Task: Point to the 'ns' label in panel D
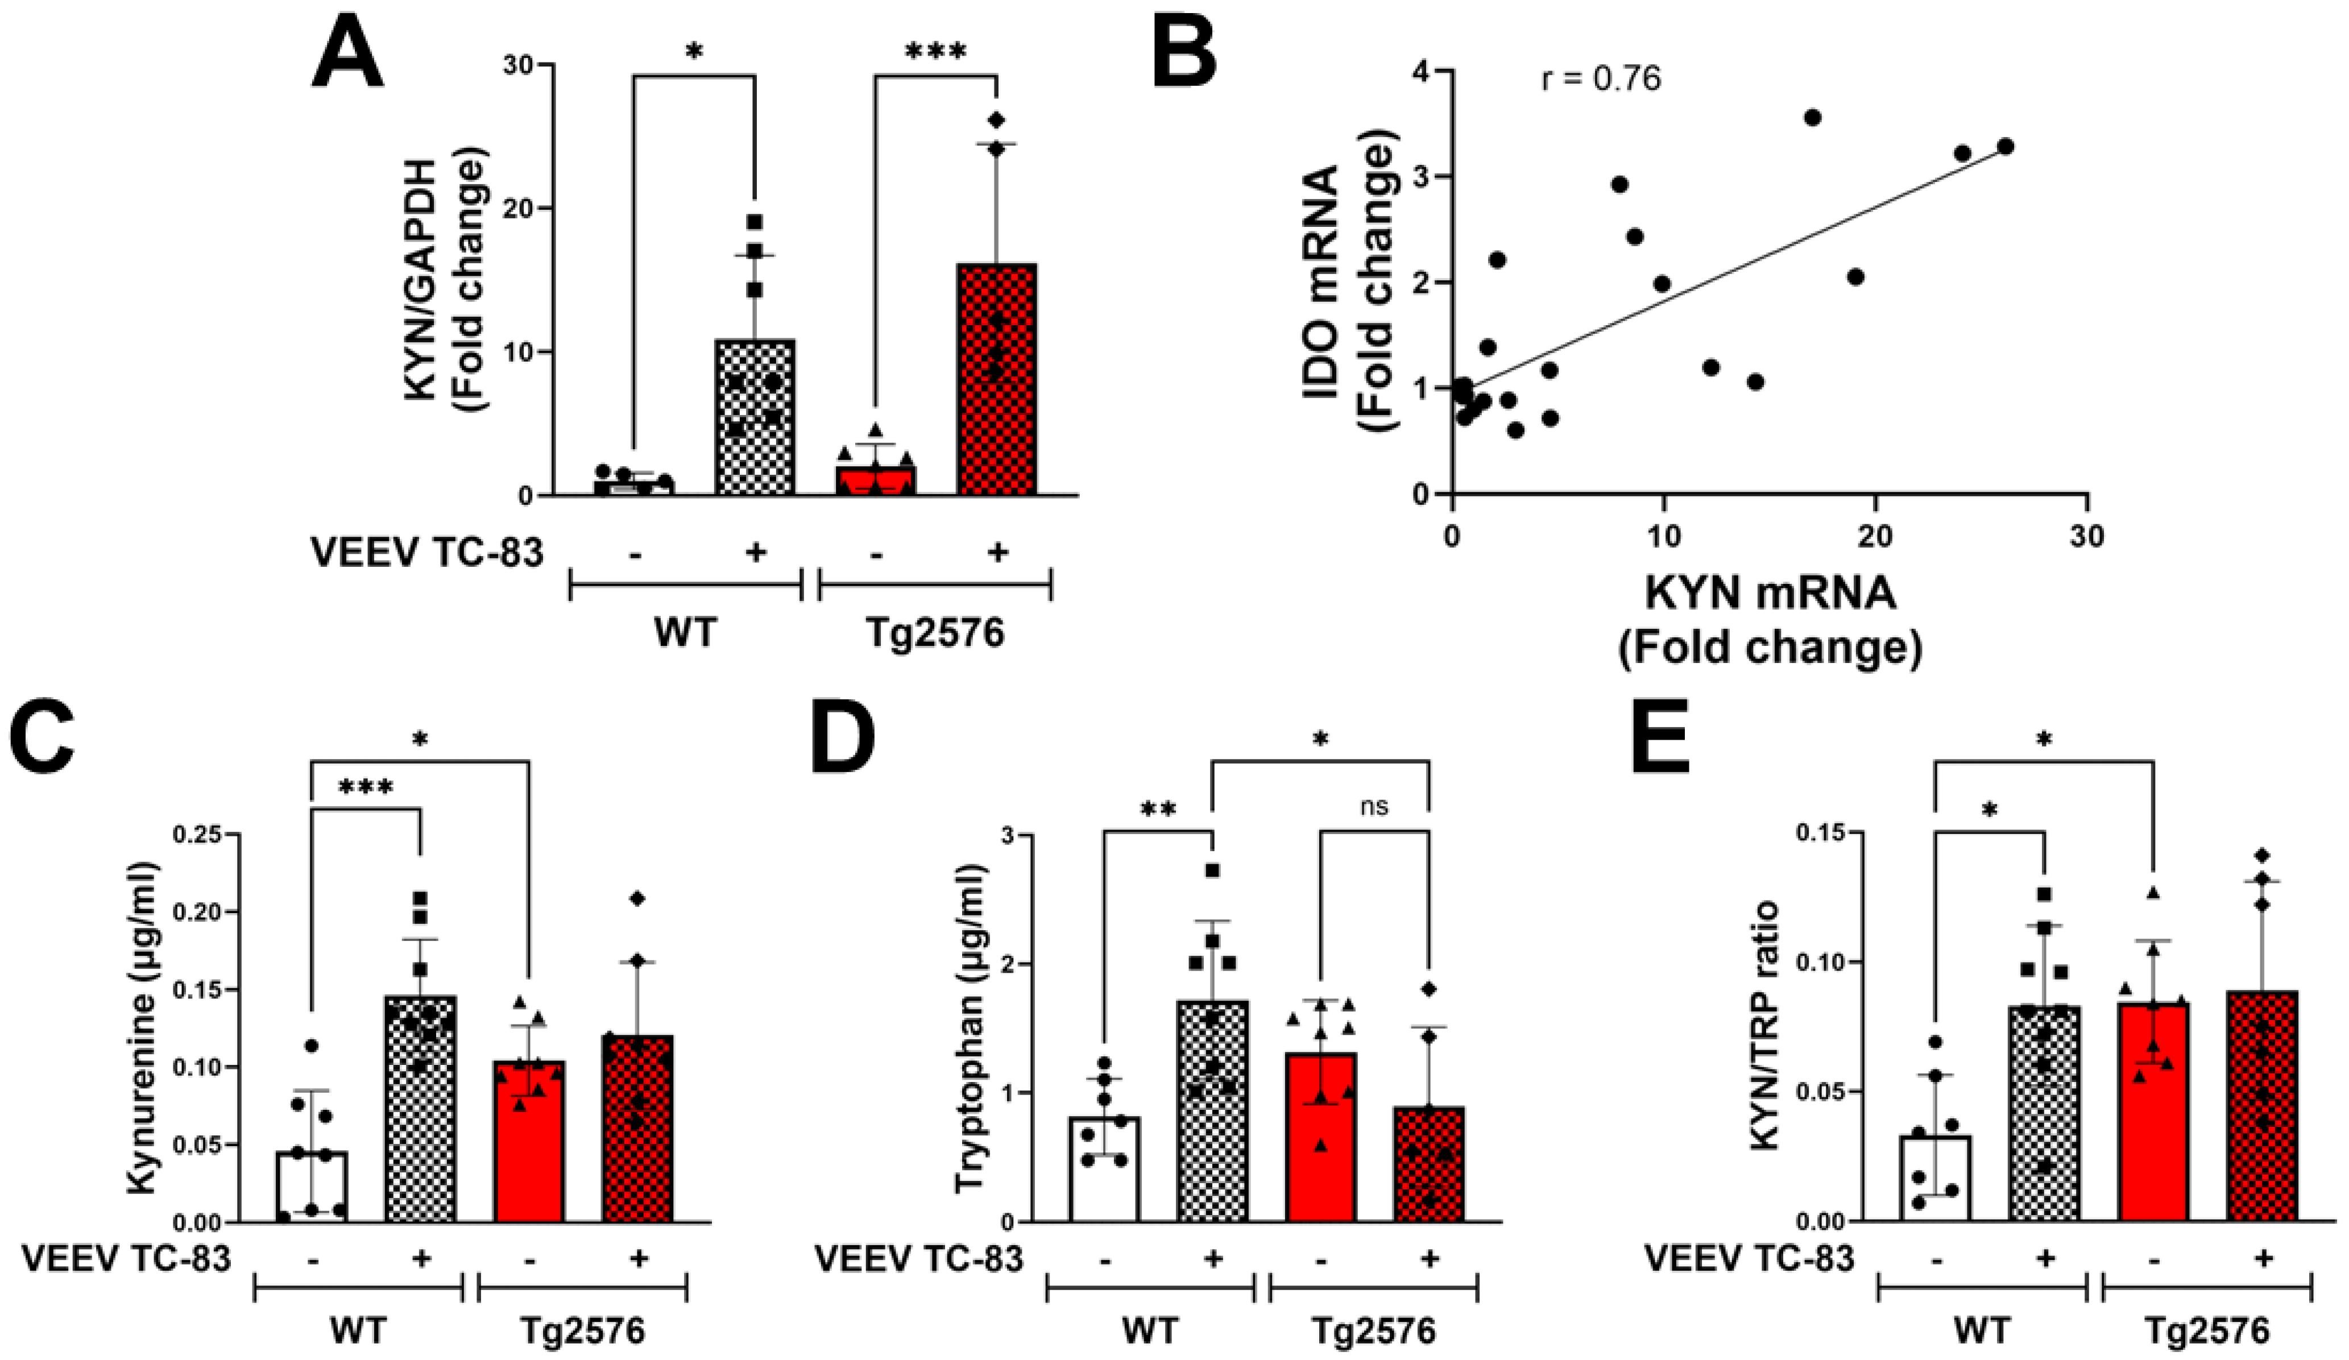1374,806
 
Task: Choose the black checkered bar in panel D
1212,1109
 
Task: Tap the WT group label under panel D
1149,1331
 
